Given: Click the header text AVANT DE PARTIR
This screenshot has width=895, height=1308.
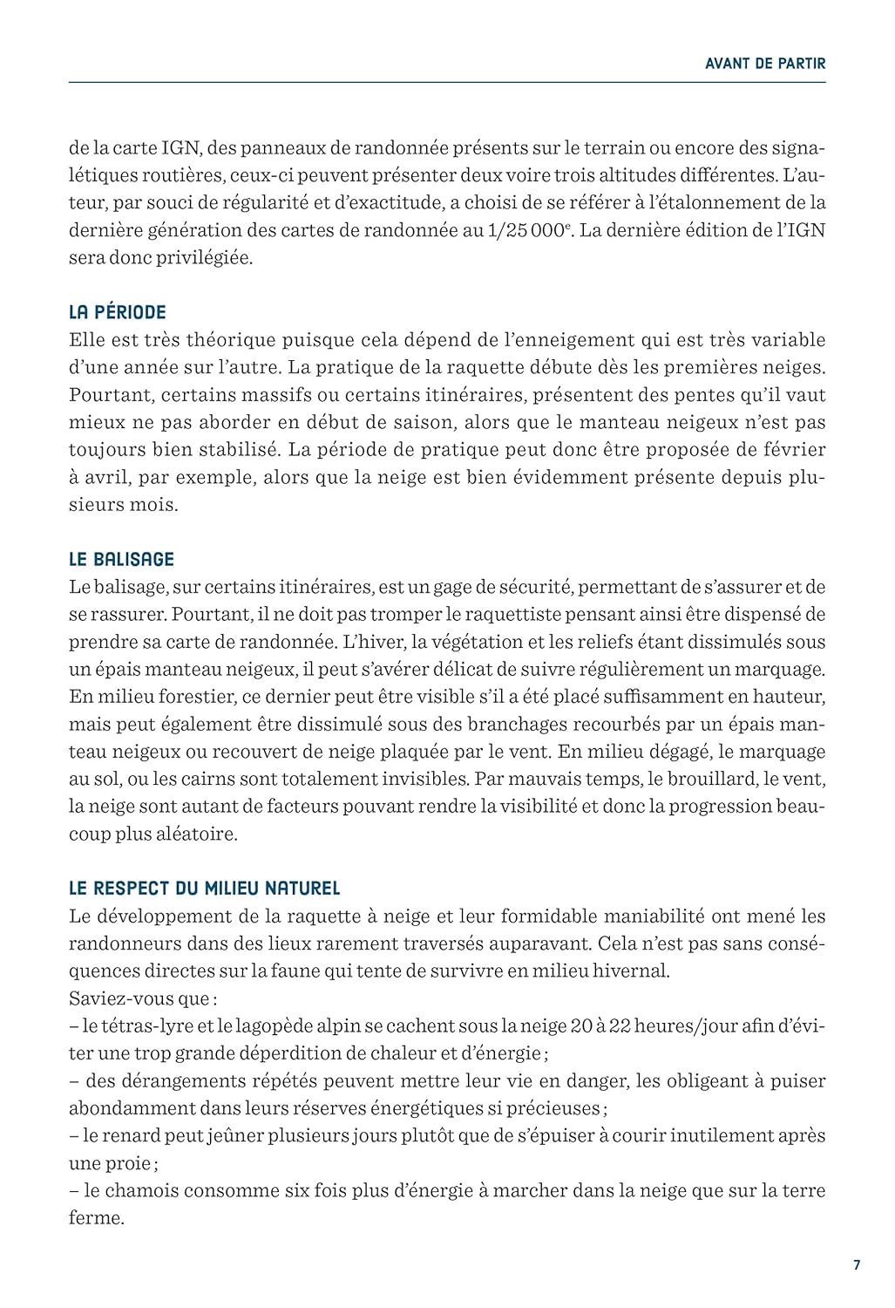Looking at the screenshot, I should point(764,63).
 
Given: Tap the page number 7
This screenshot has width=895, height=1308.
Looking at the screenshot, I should point(857,1265).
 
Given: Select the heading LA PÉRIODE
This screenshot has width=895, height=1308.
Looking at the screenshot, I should point(118,312).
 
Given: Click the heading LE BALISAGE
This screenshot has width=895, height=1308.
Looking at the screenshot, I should point(122,559).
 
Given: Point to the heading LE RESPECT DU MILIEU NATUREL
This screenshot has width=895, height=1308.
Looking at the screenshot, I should point(204,889).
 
